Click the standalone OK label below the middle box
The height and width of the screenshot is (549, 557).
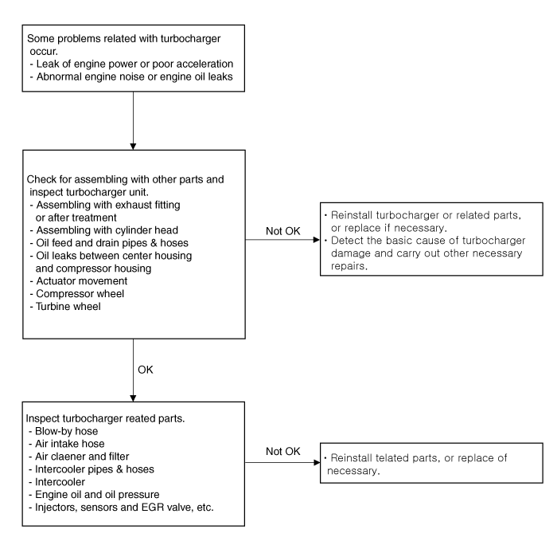pos(146,370)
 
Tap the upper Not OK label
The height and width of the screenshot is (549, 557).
pos(283,231)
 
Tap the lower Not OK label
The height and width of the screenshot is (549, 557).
pos(283,452)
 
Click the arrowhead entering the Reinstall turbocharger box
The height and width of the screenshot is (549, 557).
pos(317,240)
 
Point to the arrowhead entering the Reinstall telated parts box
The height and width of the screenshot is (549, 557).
pos(317,462)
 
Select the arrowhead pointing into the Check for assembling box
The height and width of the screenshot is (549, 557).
pos(133,147)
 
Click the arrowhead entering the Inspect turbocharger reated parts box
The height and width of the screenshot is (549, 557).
pos(133,398)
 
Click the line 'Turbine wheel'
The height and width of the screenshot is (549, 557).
pos(65,306)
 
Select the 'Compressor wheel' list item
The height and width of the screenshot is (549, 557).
pos(77,294)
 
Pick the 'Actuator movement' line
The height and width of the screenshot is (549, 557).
pos(79,281)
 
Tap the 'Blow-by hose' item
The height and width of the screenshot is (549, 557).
pos(63,431)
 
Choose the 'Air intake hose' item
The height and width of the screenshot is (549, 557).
pos(66,444)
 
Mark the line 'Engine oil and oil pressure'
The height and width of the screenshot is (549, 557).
pos(94,495)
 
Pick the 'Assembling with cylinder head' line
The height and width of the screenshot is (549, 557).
pos(104,230)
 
